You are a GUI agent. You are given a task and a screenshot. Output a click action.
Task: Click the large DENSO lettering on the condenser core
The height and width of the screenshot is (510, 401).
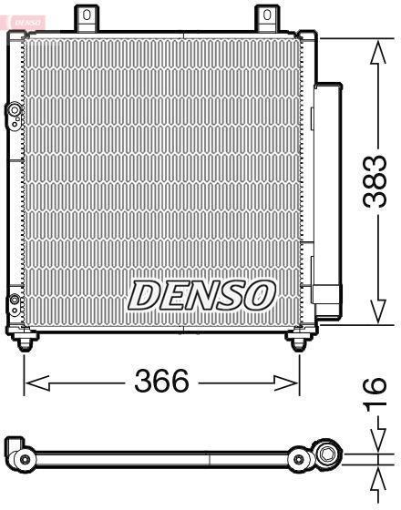201,293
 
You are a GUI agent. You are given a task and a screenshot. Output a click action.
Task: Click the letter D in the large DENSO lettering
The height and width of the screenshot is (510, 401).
144,294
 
